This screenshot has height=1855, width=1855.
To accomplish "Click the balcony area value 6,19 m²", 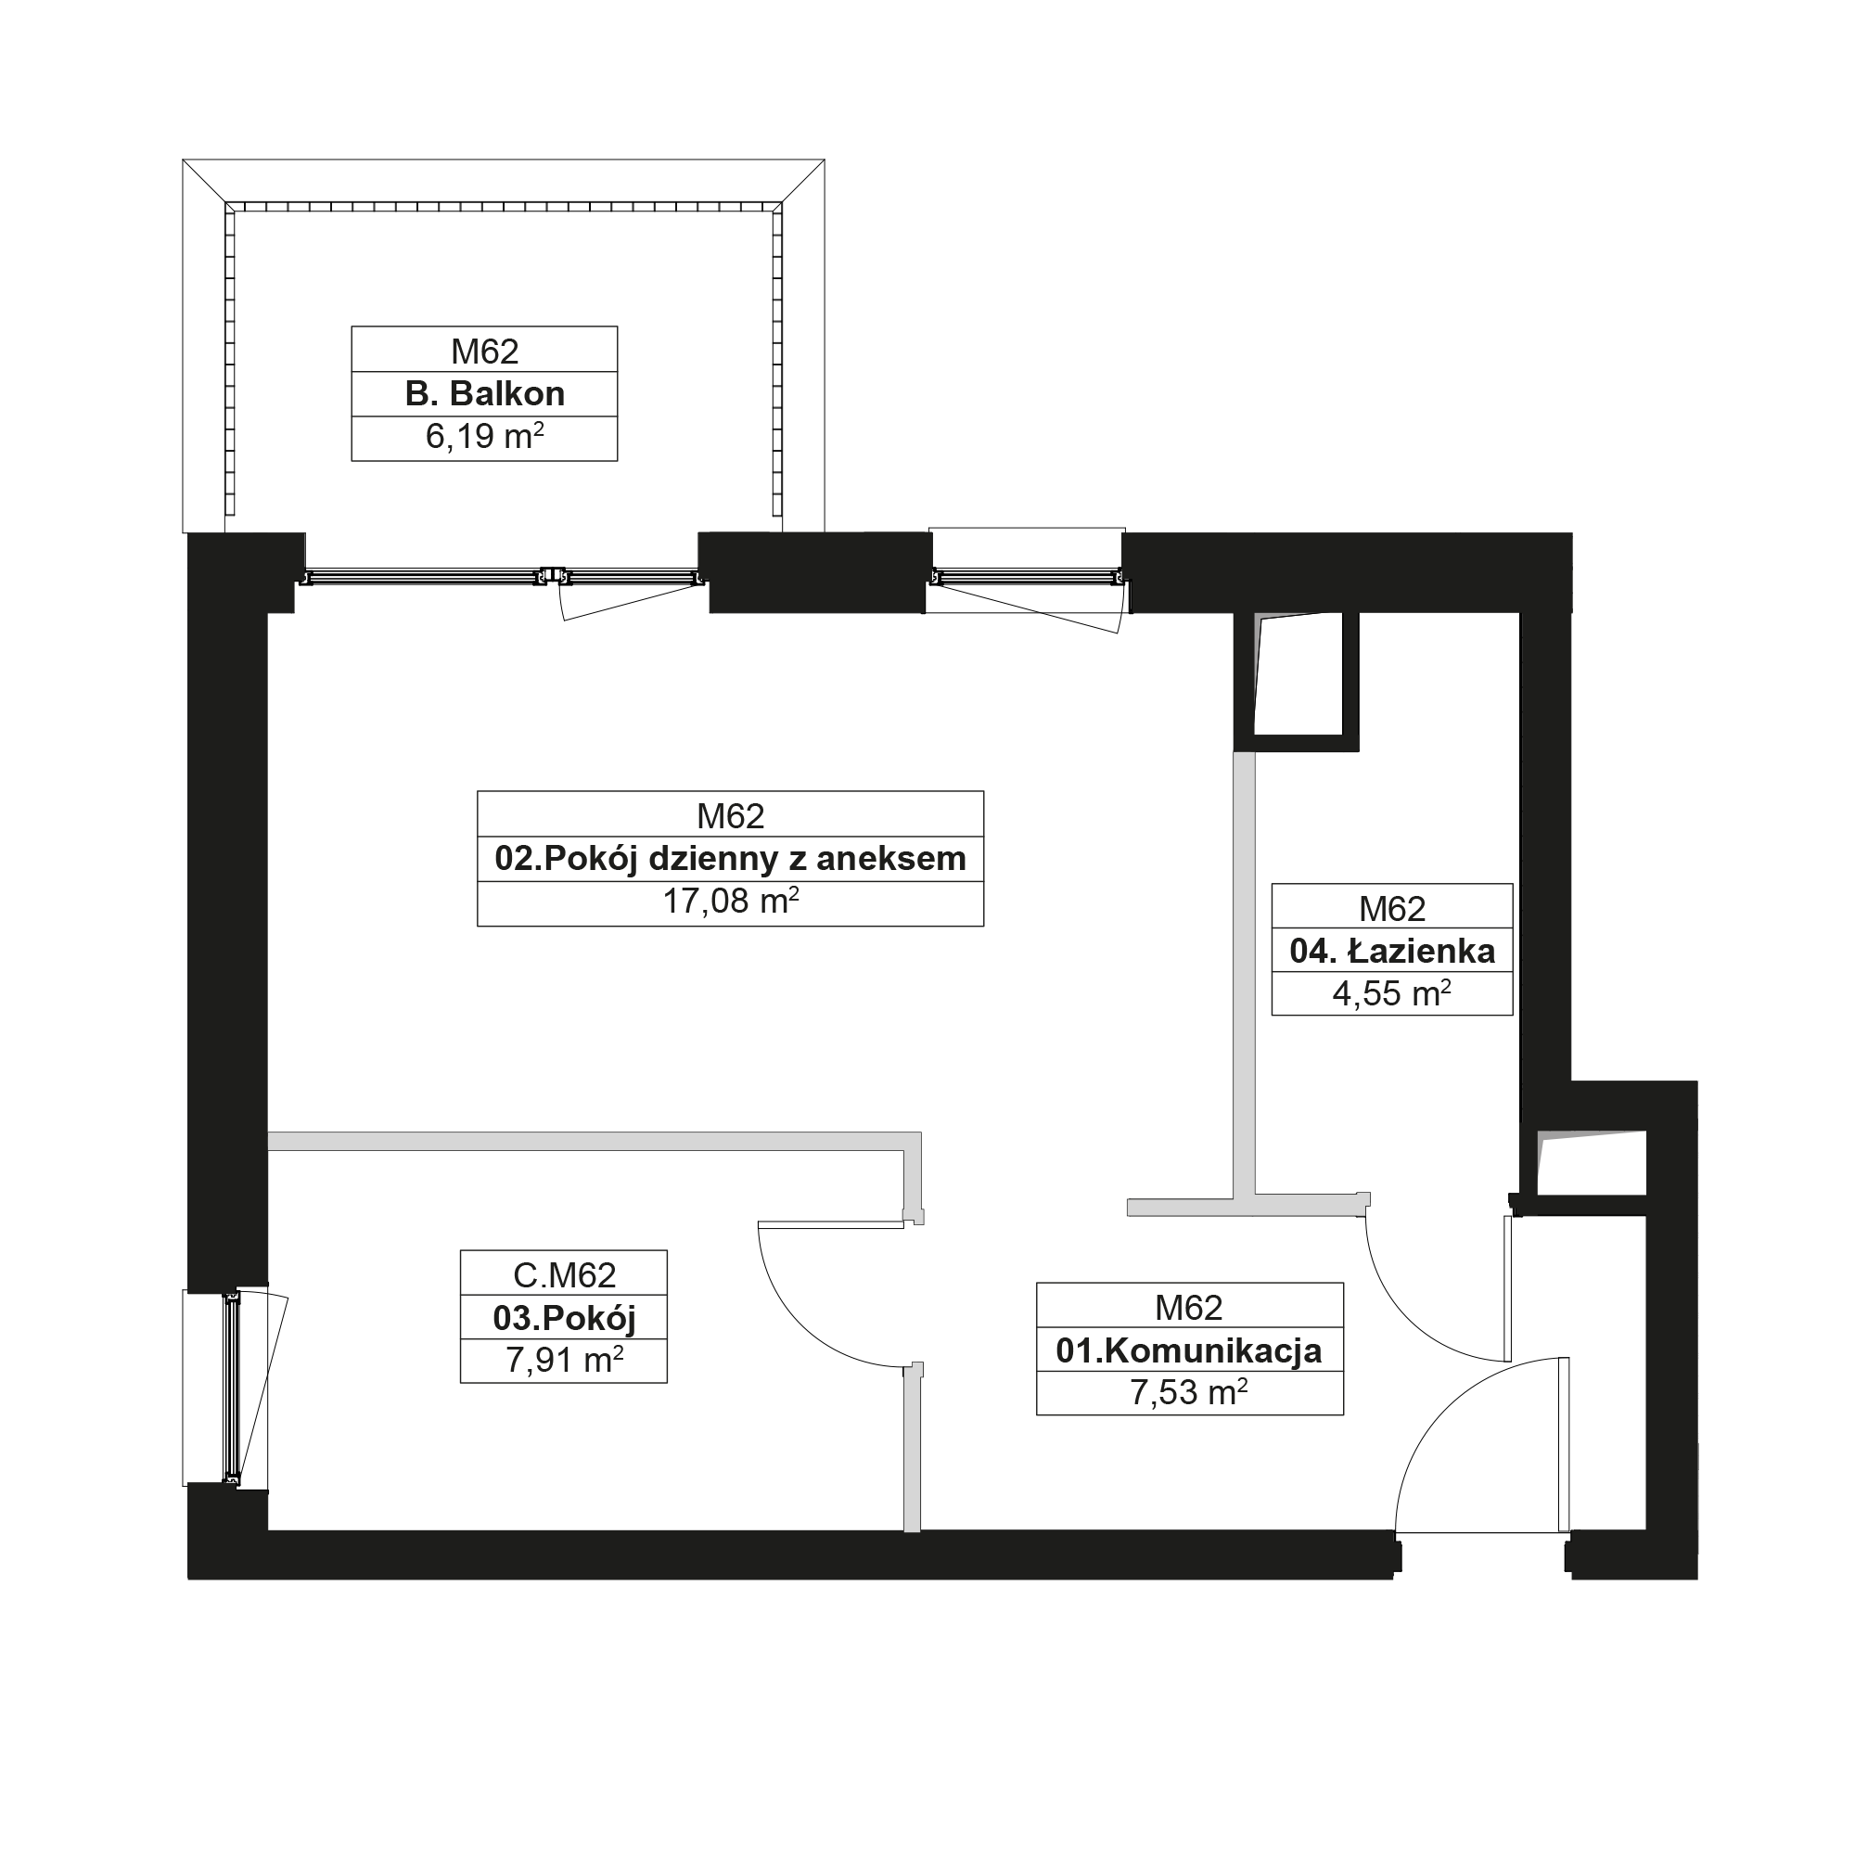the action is point(485,437).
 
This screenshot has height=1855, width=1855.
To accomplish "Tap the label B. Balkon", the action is point(485,393).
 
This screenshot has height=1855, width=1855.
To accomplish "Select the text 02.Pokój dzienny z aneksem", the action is point(731,858).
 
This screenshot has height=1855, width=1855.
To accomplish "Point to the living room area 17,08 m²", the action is point(731,902).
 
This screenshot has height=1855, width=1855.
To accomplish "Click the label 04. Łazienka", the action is point(1392,951).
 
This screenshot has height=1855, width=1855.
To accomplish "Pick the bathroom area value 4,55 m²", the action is point(1392,993).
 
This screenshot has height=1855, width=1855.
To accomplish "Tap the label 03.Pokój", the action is point(565,1318).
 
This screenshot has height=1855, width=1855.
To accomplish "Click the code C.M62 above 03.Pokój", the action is point(565,1275).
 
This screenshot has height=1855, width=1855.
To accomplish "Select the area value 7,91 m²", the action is point(565,1361).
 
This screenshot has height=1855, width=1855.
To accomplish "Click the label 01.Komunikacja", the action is point(1189,1351).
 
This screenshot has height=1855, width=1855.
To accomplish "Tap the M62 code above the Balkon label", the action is point(485,352).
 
